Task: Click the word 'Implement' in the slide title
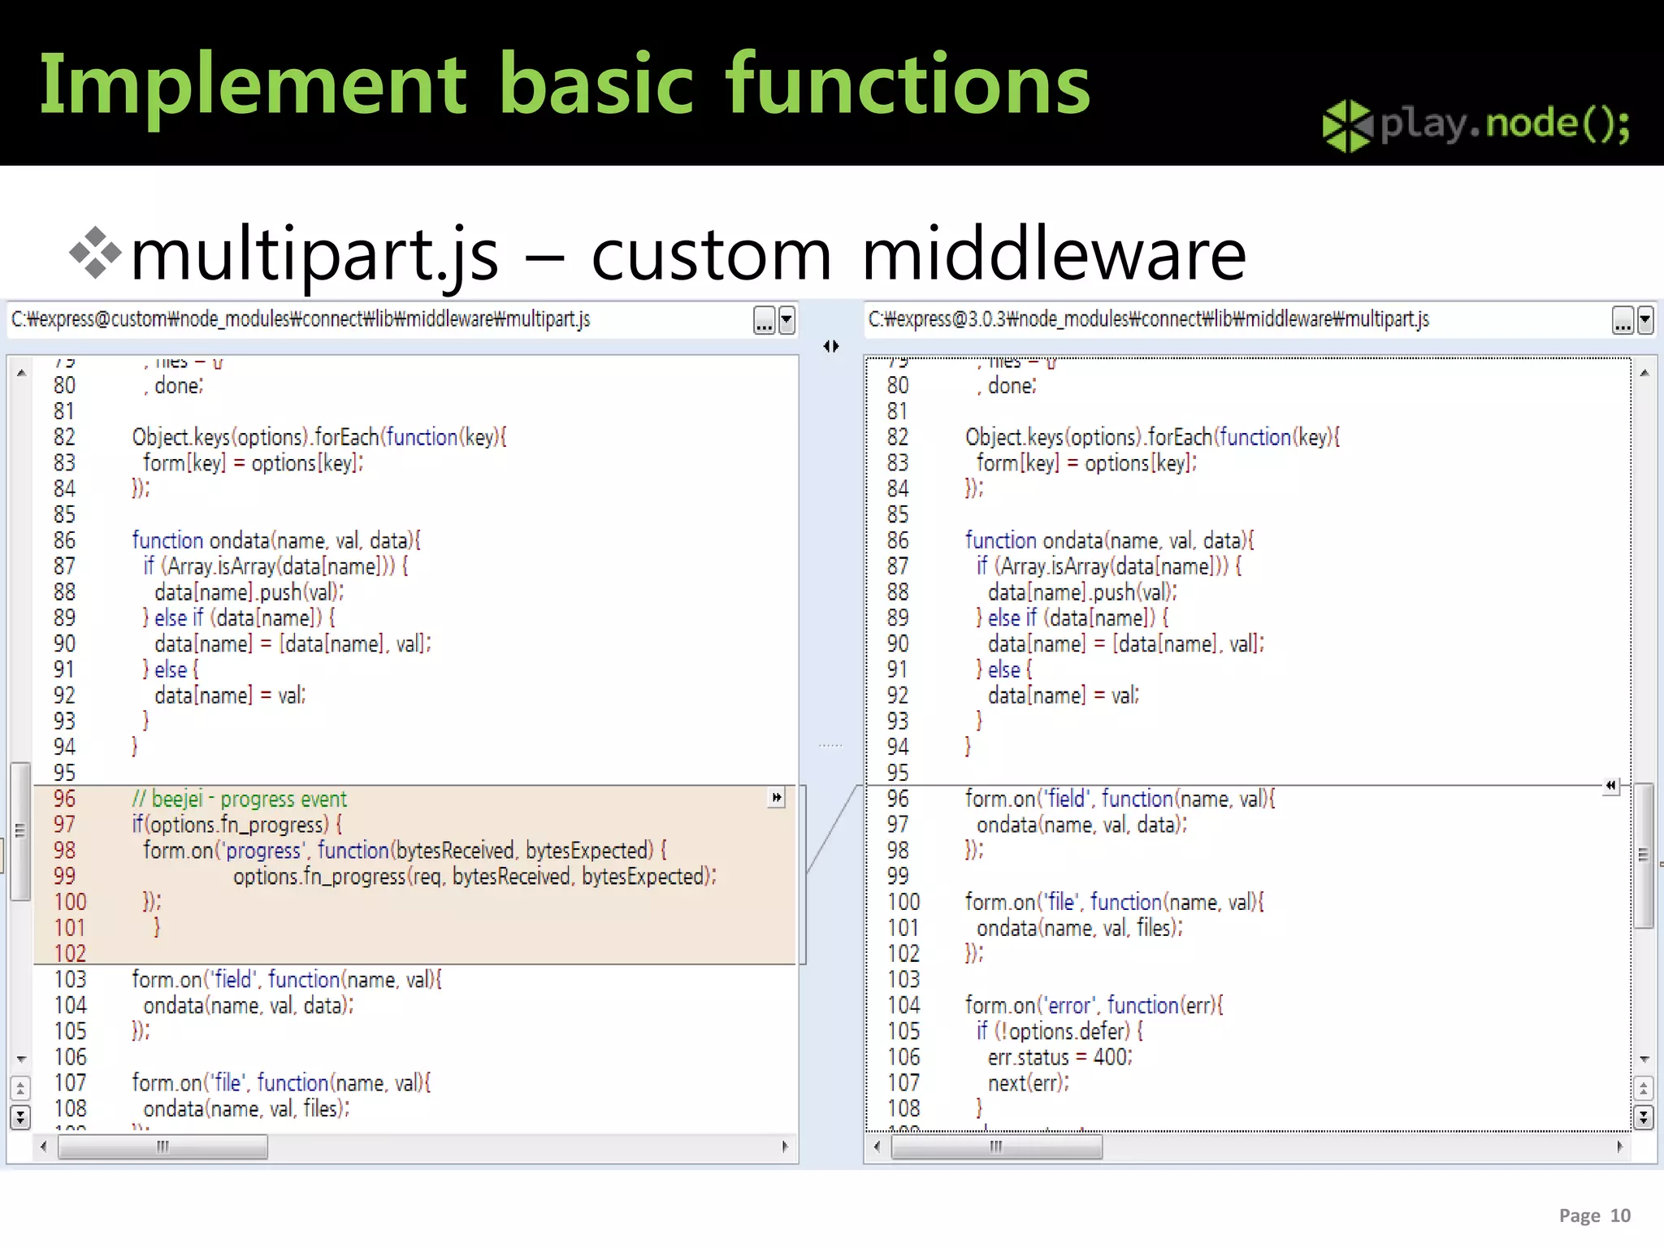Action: pos(253,84)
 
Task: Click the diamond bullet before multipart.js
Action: pos(95,253)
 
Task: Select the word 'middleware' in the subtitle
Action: pos(1053,255)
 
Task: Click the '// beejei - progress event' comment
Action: pos(239,799)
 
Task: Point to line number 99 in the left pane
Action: pos(64,876)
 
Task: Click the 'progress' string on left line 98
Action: pos(262,851)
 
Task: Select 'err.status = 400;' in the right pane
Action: pos(1059,1057)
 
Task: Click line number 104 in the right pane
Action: pos(903,1006)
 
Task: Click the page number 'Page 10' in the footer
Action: pos(1594,1215)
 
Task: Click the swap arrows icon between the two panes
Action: pos(830,347)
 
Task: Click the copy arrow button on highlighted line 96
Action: pos(777,798)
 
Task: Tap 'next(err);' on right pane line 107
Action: pos(1028,1083)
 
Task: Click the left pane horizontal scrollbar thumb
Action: pos(162,1146)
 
